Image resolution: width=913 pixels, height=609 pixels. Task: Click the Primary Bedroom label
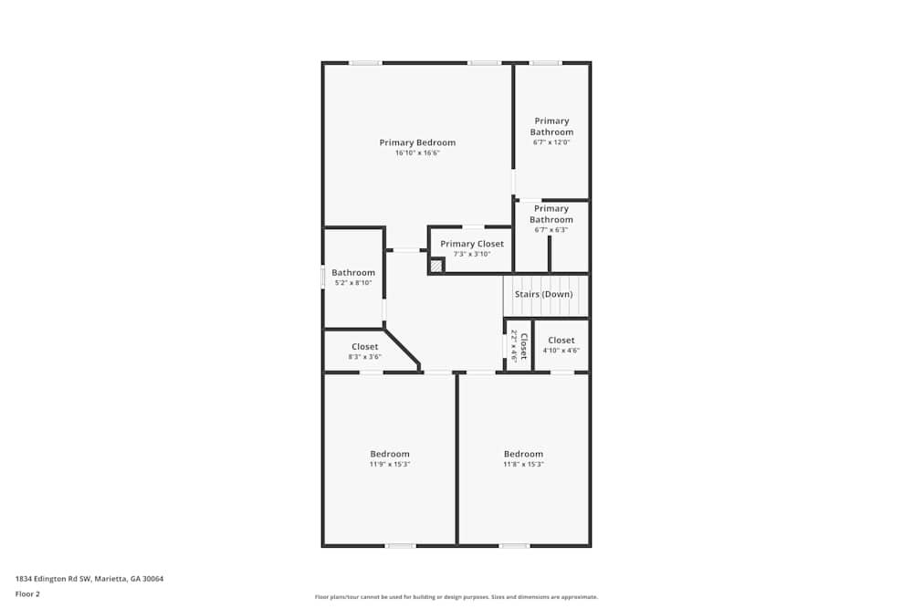(x=417, y=142)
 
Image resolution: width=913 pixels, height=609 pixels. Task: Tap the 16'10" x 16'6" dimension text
(x=417, y=153)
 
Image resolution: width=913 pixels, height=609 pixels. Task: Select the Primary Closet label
(x=472, y=244)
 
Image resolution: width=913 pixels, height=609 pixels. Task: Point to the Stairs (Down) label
(x=544, y=295)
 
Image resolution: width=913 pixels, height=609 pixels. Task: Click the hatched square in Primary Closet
(x=436, y=266)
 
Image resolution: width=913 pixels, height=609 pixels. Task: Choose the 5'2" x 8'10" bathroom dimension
(x=353, y=283)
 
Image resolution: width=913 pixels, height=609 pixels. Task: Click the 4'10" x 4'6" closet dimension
(x=561, y=351)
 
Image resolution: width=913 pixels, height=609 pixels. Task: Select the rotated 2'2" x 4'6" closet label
(x=519, y=346)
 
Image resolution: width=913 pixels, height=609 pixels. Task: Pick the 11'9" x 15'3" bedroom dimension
(x=390, y=465)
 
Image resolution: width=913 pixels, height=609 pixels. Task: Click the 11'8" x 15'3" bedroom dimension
(x=523, y=465)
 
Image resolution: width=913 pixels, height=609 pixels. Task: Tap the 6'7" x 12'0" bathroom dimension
(x=551, y=142)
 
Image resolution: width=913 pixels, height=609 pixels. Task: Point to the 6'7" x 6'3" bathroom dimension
(x=551, y=230)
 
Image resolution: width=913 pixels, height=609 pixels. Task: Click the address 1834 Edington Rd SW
(x=53, y=579)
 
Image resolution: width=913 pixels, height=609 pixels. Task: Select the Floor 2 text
(x=27, y=593)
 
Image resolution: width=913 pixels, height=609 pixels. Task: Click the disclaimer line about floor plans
(x=456, y=597)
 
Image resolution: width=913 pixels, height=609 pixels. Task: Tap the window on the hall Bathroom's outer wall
(x=324, y=277)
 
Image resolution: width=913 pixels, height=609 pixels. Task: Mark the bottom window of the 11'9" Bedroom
(x=401, y=545)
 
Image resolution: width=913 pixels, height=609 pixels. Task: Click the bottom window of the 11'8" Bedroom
(x=515, y=545)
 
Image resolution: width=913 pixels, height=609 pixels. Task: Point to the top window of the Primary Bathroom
(x=546, y=63)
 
